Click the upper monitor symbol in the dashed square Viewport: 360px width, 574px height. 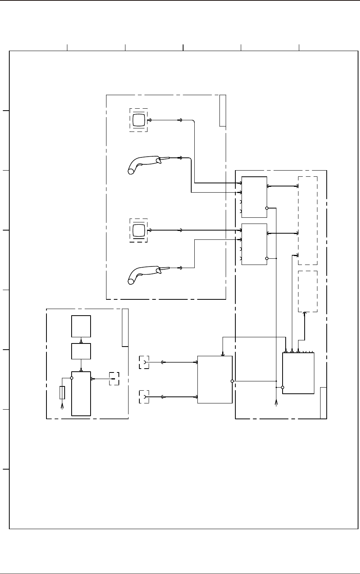click(x=138, y=120)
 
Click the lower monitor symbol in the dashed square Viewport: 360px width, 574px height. click(x=138, y=231)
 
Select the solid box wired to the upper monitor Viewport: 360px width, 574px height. click(x=254, y=197)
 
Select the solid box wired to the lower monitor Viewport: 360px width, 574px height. click(x=254, y=244)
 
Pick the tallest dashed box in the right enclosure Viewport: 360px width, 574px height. click(x=308, y=220)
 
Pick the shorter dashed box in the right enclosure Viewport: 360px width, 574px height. click(x=308, y=291)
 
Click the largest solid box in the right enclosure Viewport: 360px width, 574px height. click(x=298, y=373)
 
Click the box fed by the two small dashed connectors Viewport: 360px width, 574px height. click(x=215, y=379)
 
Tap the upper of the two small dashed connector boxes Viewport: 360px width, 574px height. click(x=144, y=362)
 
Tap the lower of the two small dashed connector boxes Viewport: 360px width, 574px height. click(x=144, y=397)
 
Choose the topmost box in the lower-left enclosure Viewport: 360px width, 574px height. click(x=81, y=326)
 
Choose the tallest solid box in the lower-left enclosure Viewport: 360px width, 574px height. click(x=81, y=394)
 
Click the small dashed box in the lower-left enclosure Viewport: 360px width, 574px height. click(x=114, y=379)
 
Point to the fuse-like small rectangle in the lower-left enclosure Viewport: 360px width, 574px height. click(x=62, y=392)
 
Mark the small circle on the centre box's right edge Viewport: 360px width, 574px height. click(x=232, y=381)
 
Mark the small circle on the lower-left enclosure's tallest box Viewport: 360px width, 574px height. click(x=72, y=378)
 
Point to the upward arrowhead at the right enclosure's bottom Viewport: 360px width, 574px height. click(x=276, y=403)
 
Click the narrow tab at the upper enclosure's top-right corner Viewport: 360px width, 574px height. click(x=223, y=110)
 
